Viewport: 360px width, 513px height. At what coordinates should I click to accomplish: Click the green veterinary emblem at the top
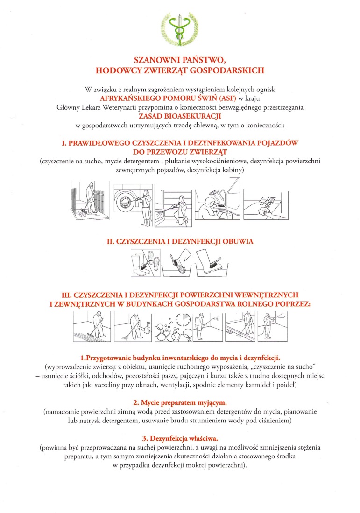[x=180, y=29]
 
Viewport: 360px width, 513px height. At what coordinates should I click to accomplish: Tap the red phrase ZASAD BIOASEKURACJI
[x=180, y=116]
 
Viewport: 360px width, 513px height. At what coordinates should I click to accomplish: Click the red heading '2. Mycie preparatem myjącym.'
[x=180, y=401]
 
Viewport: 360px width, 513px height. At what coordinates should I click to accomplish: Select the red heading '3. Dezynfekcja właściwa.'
[x=180, y=438]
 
